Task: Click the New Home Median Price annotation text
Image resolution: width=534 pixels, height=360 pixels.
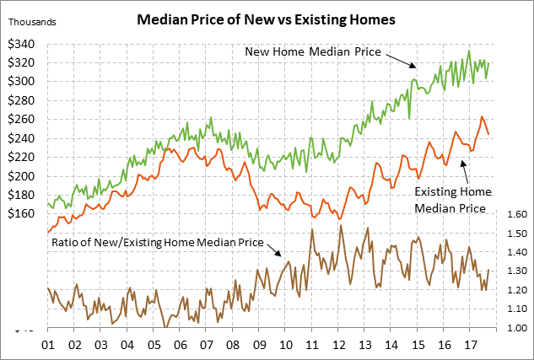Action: (313, 52)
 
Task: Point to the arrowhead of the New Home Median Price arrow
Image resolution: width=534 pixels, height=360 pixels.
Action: (414, 67)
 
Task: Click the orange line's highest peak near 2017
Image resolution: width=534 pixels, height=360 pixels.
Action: (482, 117)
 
